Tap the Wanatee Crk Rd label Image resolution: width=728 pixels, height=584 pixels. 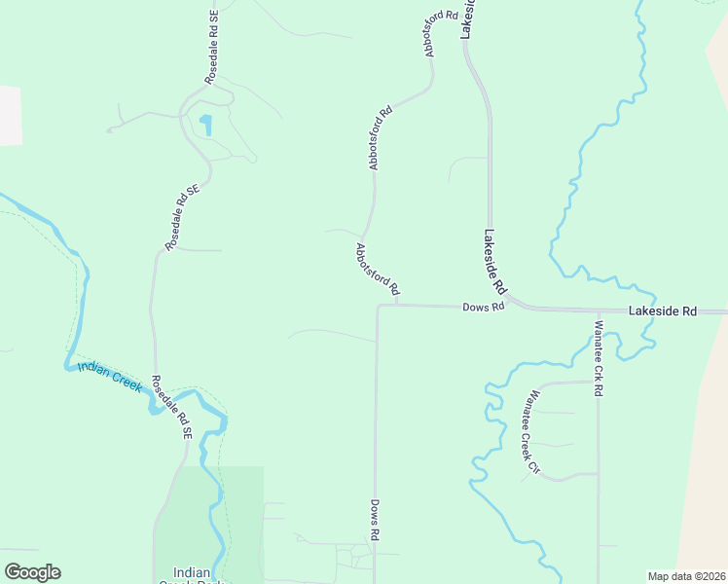600,358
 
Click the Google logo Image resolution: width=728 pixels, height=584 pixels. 32,572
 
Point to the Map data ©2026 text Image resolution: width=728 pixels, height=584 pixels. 686,576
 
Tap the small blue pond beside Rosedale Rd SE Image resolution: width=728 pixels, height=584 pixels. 205,125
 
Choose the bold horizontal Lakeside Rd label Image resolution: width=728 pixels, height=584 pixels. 663,311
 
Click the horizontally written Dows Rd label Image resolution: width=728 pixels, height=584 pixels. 483,307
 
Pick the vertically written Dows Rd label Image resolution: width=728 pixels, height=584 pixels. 374,520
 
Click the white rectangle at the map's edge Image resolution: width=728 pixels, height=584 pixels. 10,116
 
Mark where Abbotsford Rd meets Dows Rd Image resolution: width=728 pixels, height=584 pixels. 396,305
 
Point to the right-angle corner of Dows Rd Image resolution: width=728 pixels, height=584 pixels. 378,306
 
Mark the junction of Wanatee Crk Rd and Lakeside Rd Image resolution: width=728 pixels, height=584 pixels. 598,311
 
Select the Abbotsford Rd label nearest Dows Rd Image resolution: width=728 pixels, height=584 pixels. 378,269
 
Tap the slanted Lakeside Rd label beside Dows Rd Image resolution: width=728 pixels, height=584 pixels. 495,263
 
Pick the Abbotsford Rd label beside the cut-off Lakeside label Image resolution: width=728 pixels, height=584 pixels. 440,33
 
